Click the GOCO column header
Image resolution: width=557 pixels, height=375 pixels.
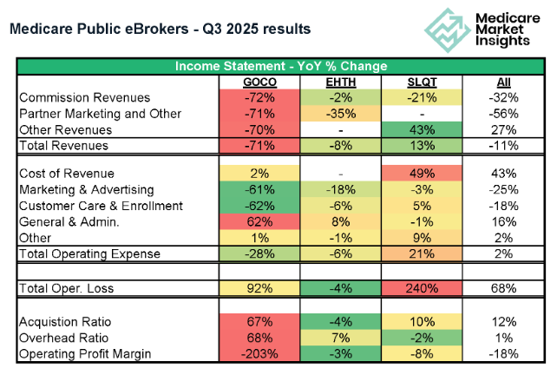coord(259,82)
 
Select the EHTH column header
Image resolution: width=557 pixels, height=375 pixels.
coord(341,82)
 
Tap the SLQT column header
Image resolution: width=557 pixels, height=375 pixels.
coord(422,82)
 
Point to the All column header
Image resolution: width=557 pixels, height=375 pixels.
coord(503,82)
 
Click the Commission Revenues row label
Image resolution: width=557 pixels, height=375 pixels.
coord(84,97)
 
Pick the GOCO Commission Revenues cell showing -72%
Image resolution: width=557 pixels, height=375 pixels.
coord(259,97)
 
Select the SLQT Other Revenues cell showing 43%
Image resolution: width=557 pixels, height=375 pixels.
coord(422,129)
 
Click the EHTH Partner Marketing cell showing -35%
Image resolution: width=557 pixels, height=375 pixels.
coord(341,114)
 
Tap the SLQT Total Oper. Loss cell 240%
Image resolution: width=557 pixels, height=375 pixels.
coord(422,288)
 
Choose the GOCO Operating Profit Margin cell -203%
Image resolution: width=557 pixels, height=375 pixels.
coord(259,354)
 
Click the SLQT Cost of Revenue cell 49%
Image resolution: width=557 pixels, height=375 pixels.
coord(422,174)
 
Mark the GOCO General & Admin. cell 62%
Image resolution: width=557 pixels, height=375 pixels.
coord(259,222)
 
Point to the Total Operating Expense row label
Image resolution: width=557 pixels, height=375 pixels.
coord(89,253)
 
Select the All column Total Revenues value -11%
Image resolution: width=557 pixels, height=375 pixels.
coord(503,146)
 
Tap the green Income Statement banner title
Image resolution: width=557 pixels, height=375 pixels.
coord(281,66)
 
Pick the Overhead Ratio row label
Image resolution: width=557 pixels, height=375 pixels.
coord(63,338)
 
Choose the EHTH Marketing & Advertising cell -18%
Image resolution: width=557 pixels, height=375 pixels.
coord(341,189)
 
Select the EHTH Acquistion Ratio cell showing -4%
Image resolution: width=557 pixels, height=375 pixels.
coord(341,322)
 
